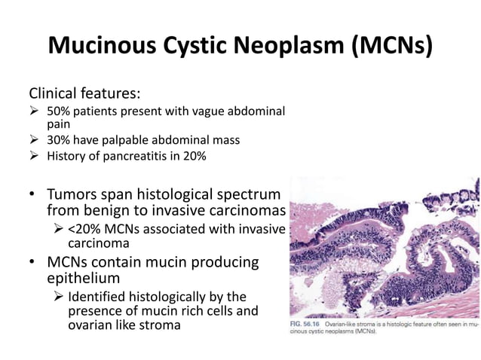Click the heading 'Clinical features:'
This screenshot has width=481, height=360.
(84, 95)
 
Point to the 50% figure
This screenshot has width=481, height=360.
(60, 111)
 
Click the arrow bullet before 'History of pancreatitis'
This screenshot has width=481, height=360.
(34, 156)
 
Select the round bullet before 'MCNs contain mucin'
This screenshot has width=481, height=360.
(33, 263)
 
